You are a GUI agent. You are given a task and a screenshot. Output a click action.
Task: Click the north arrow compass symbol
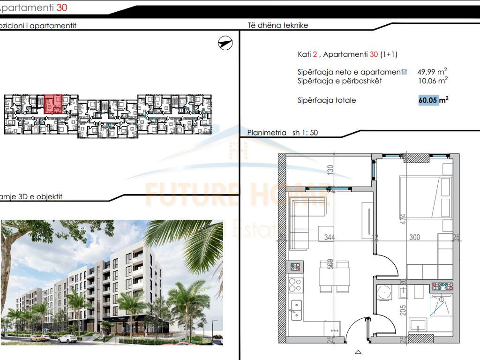coord(225,43)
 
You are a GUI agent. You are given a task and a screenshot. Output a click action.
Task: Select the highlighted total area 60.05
coord(429,100)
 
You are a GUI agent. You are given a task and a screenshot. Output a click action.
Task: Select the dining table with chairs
coord(334,276)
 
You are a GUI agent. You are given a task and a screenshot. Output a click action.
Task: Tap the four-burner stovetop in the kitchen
coord(296,284)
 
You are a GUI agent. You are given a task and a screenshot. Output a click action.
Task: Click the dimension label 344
coord(330,238)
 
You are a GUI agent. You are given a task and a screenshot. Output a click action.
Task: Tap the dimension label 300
coord(414,238)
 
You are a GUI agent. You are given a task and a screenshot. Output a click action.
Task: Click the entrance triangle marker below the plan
coord(358,352)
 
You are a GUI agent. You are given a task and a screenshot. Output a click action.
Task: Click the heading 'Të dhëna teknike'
coord(277,25)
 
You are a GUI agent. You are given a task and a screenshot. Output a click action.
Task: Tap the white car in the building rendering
coord(67,338)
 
